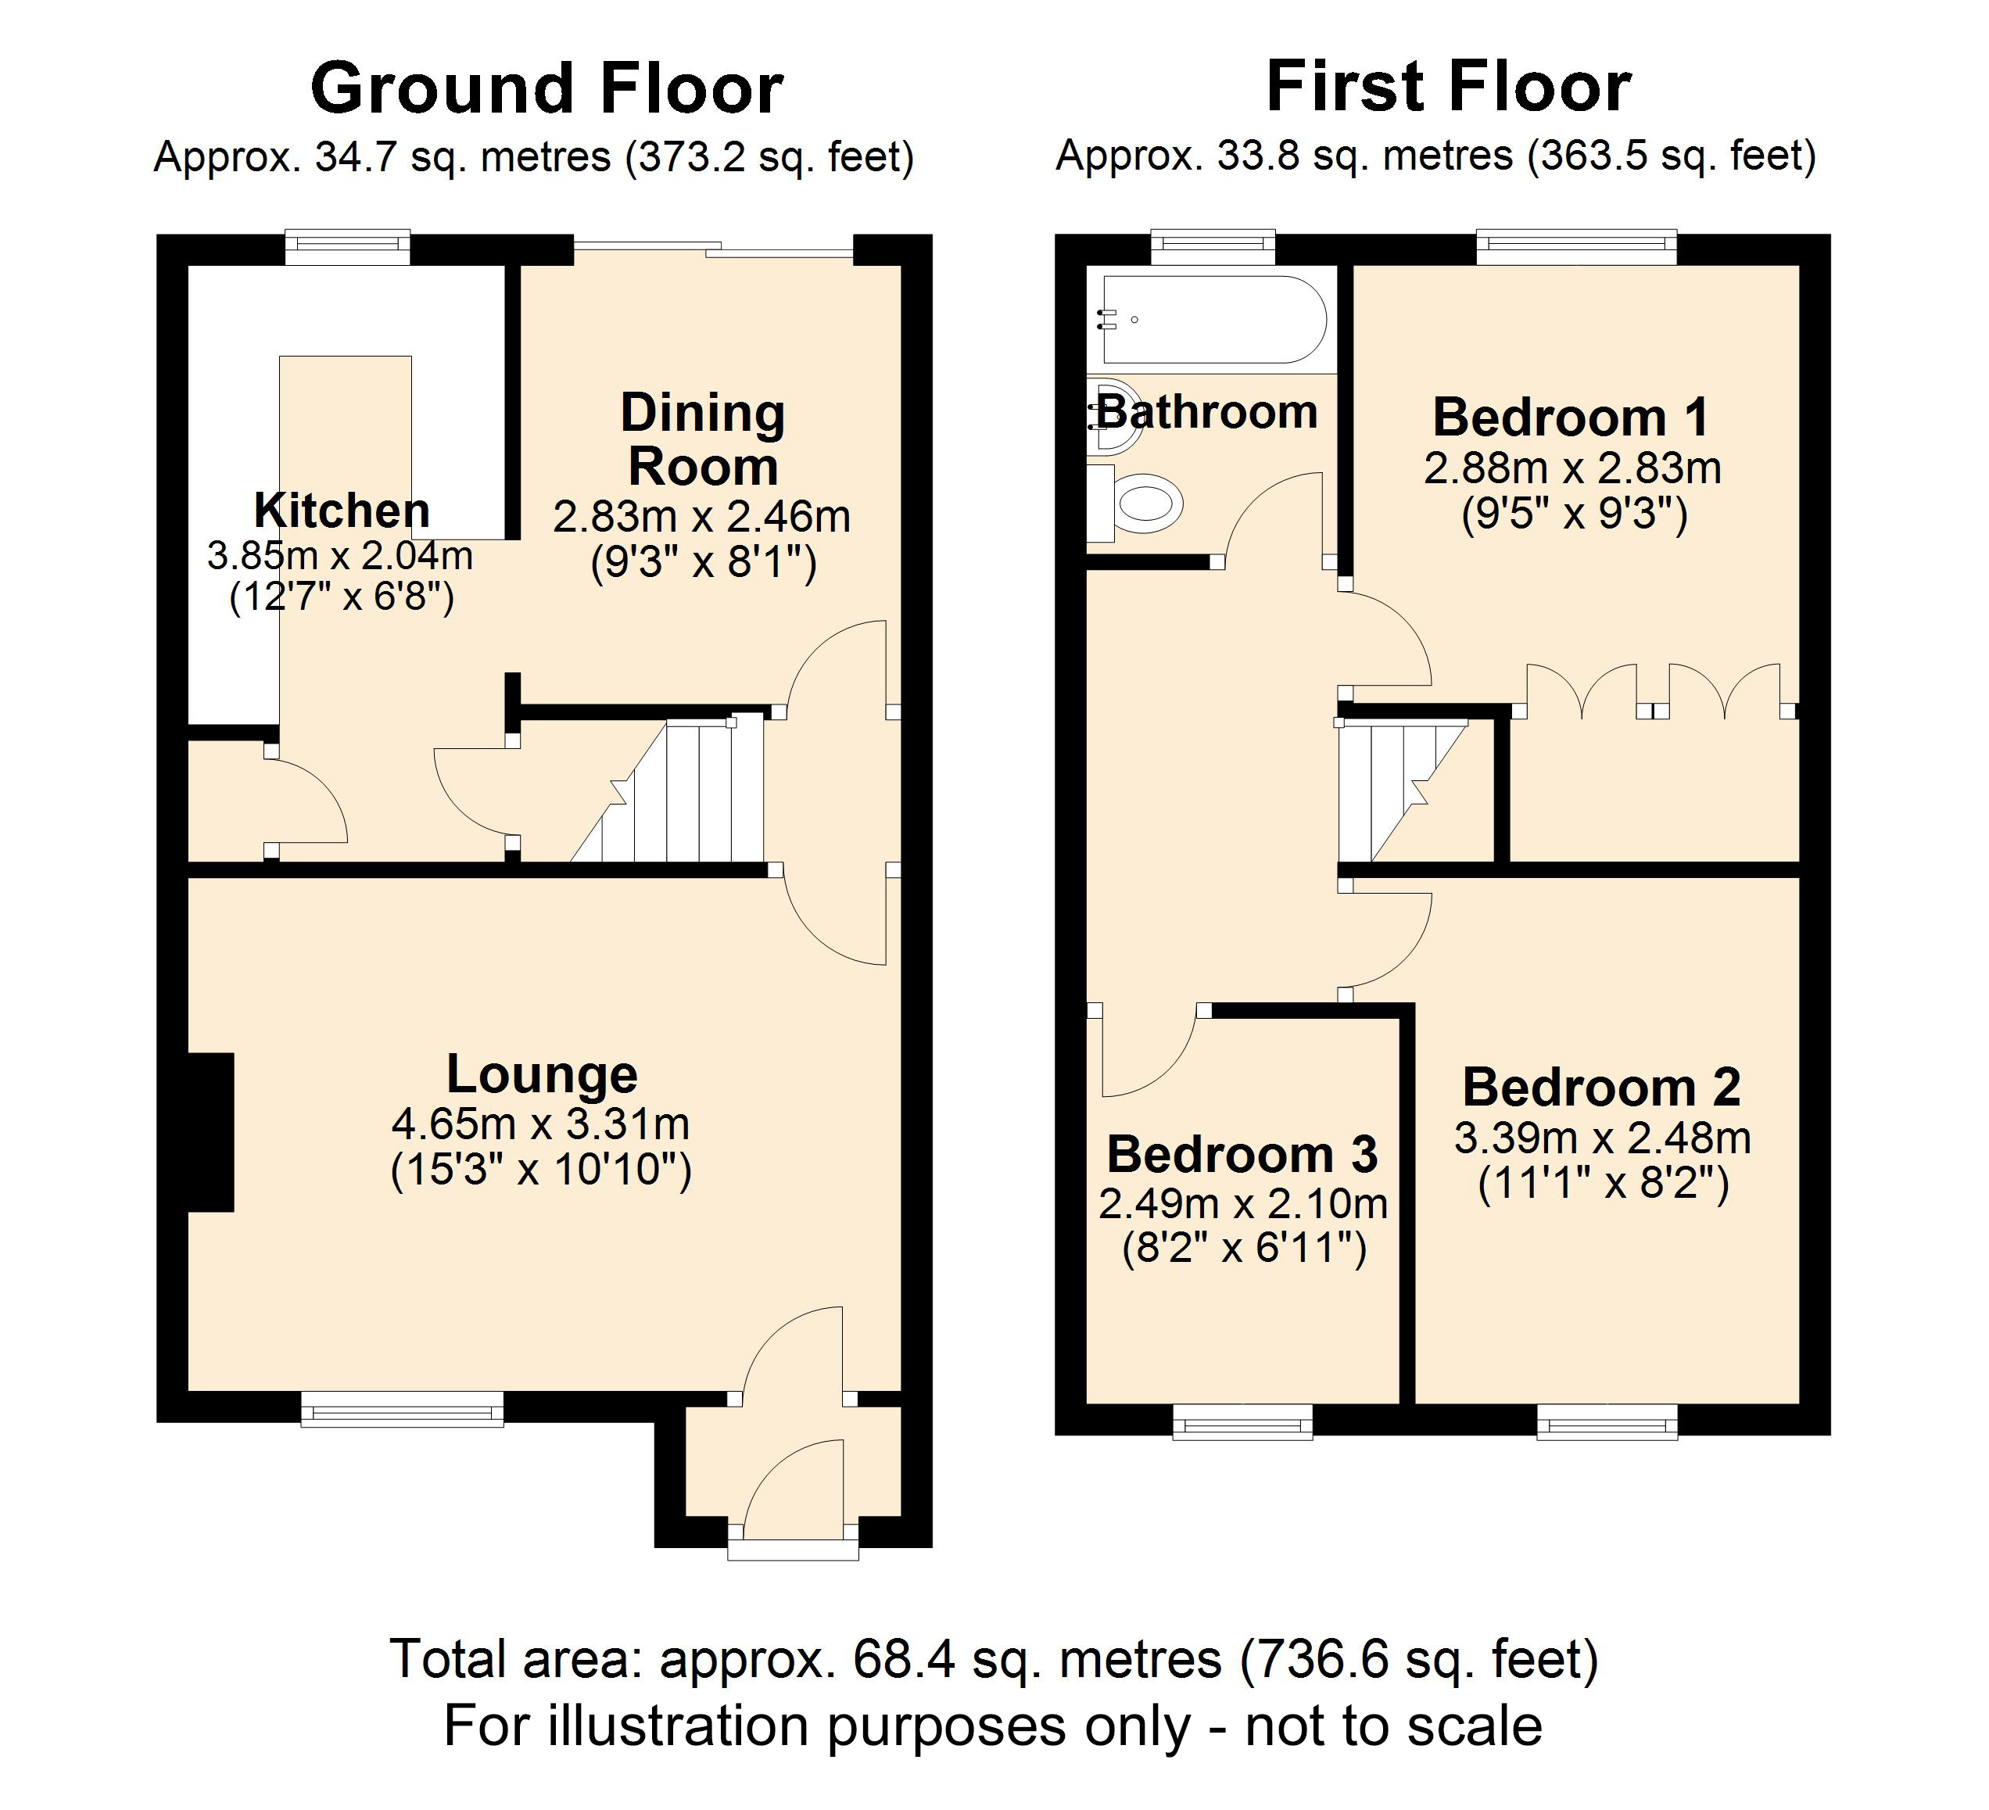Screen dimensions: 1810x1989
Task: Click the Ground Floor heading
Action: (x=547, y=89)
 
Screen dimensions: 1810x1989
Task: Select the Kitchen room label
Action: (x=342, y=510)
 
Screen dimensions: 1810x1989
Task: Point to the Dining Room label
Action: (x=702, y=439)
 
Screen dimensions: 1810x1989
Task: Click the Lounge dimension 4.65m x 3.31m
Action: (x=541, y=1124)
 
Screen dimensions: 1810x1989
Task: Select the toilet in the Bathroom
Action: (x=1145, y=503)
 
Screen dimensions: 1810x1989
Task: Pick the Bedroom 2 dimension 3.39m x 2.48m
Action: (x=1602, y=1138)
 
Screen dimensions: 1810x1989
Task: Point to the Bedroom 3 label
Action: (x=1242, y=1153)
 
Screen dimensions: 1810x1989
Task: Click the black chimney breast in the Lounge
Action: (x=210, y=1131)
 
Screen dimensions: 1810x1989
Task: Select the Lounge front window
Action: (x=402, y=1409)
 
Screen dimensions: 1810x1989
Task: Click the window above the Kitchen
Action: (x=347, y=246)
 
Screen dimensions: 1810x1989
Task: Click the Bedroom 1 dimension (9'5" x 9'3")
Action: (x=1575, y=514)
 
